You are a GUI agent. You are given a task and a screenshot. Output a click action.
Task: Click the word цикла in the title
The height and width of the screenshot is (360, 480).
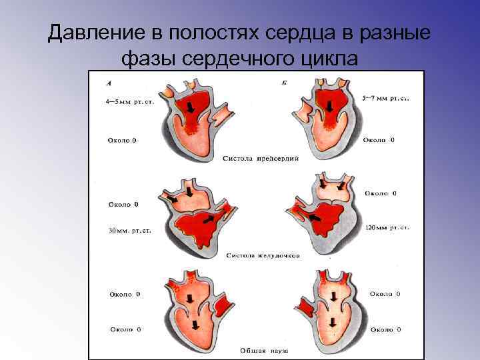pos(327,59)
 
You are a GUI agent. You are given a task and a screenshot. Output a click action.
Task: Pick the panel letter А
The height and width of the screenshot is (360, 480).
pos(110,84)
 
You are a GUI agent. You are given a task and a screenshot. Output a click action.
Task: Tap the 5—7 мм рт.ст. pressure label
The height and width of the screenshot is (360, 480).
pos(385,97)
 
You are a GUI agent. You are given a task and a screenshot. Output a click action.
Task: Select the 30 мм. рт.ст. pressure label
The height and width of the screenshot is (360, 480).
pos(129,231)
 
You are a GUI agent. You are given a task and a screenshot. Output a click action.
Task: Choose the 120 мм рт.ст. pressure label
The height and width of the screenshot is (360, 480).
pos(387,227)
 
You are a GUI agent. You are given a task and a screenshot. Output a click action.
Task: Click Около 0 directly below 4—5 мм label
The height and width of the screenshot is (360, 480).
pos(123,141)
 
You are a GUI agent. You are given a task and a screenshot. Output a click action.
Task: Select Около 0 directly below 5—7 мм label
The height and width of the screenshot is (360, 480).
pos(378,141)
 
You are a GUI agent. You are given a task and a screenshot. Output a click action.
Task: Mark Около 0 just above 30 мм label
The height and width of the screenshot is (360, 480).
pos(123,203)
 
